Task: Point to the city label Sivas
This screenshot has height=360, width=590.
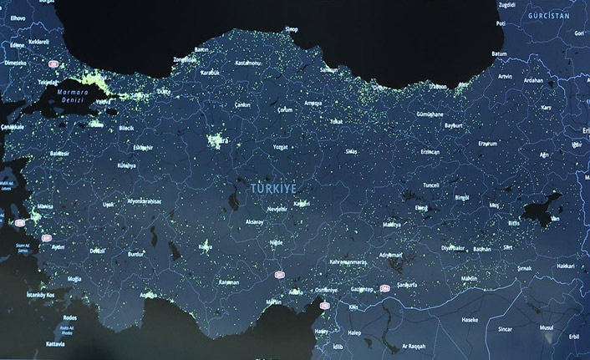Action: coord(352,152)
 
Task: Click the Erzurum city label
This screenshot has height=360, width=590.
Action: coord(486,144)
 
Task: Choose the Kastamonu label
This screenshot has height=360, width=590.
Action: coord(249,63)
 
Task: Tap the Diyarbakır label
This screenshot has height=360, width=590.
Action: coord(453,247)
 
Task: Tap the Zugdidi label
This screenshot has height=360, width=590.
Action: coord(506,5)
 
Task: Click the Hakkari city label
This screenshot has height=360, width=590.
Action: coord(566,264)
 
